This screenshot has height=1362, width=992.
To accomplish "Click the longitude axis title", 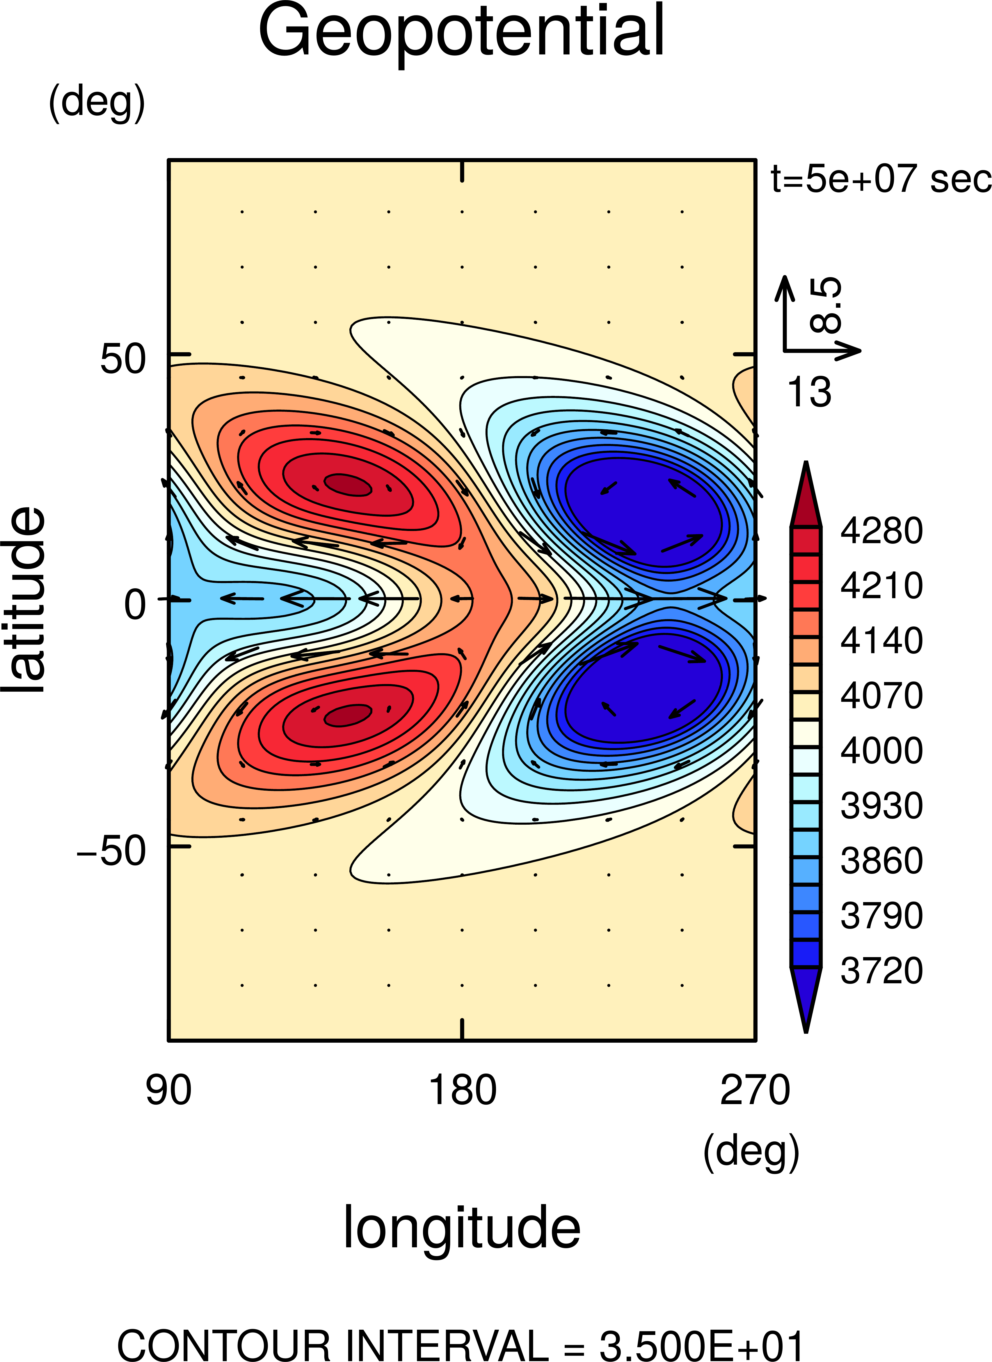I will click(x=461, y=1228).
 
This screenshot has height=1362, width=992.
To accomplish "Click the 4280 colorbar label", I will click(x=881, y=531).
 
